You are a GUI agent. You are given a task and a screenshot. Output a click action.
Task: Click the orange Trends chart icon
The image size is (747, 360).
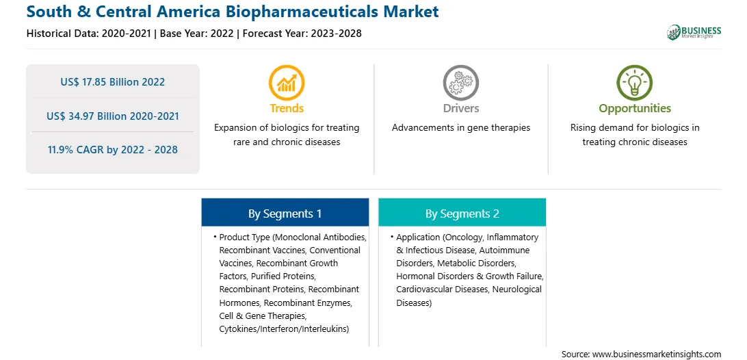(x=287, y=83)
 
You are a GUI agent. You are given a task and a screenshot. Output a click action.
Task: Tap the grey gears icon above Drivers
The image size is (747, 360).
(x=460, y=83)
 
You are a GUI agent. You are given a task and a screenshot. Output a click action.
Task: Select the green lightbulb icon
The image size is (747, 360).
(x=635, y=83)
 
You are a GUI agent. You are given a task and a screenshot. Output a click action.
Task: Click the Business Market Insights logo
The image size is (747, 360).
(x=694, y=32)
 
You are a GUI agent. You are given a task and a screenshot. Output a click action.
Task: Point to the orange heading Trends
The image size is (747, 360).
(x=287, y=108)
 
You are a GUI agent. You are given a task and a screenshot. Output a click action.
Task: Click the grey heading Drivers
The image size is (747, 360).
(x=460, y=108)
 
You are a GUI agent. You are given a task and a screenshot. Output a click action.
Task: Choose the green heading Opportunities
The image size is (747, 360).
(x=635, y=109)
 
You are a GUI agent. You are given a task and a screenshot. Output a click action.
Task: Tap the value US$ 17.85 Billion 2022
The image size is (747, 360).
(x=112, y=82)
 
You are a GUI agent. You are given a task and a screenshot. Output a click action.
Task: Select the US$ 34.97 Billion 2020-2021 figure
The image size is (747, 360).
(x=112, y=116)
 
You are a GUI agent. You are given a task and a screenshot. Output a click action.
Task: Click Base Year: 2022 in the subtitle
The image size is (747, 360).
(x=196, y=34)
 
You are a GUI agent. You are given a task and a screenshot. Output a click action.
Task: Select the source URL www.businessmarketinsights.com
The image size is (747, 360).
(x=656, y=354)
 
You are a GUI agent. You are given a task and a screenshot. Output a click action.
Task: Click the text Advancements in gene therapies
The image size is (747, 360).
(x=460, y=128)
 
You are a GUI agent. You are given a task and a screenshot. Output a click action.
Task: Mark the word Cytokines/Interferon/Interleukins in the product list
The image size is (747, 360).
(x=284, y=329)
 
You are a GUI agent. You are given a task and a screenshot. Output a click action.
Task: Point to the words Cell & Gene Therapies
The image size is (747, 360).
(x=263, y=316)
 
